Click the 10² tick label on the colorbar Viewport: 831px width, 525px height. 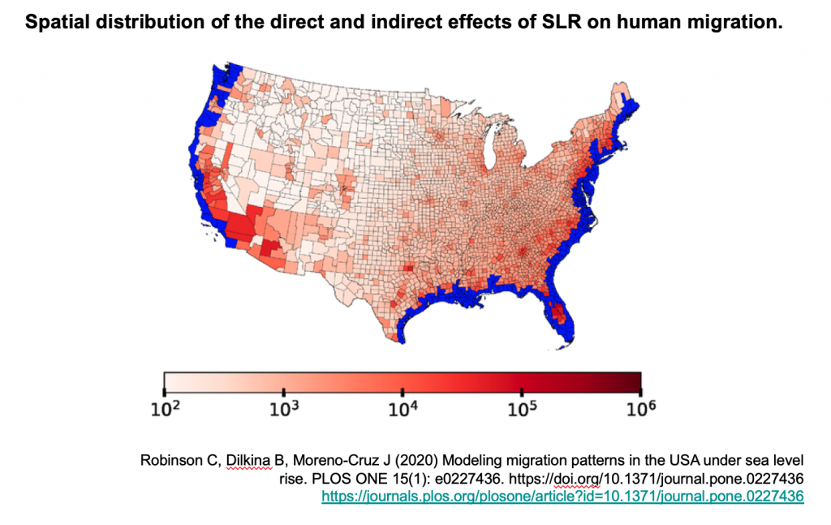point(164,410)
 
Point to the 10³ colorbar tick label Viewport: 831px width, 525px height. point(283,410)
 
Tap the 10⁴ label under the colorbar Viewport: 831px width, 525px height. point(403,410)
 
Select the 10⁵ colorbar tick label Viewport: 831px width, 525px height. point(522,410)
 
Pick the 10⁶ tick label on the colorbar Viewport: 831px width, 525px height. point(640,410)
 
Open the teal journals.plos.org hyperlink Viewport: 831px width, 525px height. point(562,495)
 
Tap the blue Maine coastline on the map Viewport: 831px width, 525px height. point(629,110)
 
